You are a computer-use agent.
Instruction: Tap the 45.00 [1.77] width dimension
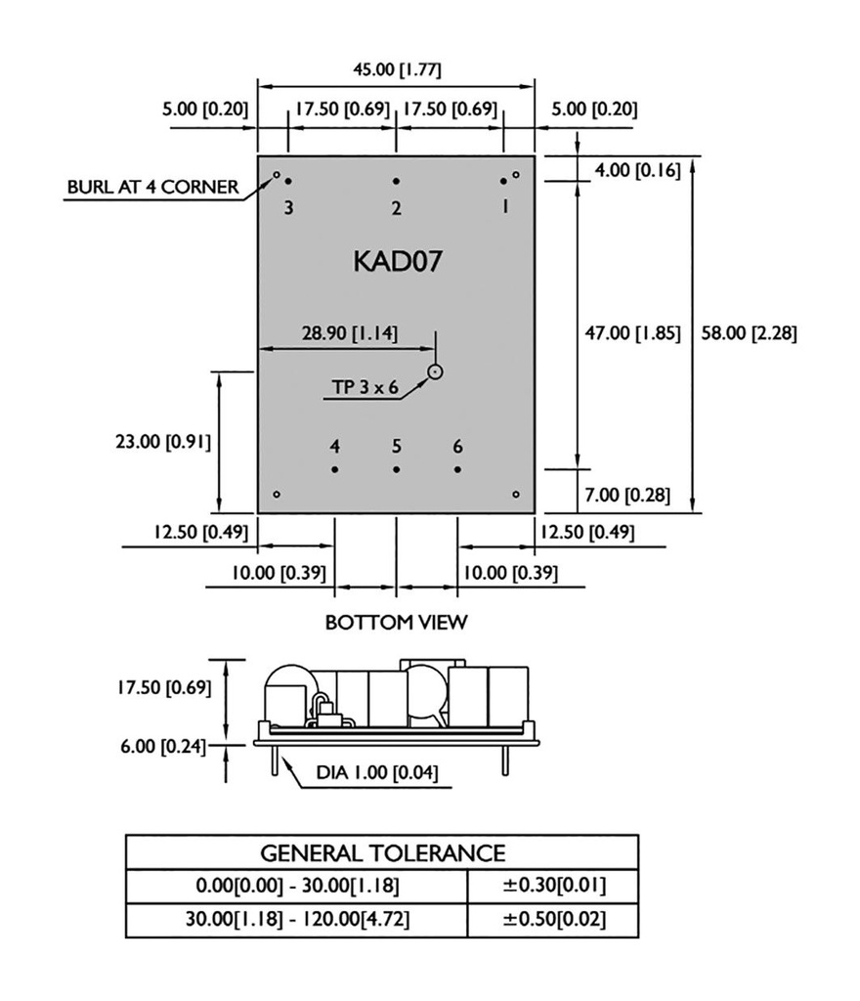tap(397, 69)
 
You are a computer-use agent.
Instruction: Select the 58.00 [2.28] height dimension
tap(750, 333)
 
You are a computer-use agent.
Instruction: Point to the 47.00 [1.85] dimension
tap(633, 333)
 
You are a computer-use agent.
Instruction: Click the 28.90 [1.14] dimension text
tap(349, 332)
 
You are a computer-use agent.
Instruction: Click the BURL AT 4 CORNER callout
tap(152, 187)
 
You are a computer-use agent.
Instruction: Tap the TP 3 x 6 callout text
tap(365, 387)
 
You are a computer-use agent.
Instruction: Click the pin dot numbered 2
tap(396, 181)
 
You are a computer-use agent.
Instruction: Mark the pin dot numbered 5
tap(396, 469)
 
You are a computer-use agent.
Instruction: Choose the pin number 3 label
tap(288, 207)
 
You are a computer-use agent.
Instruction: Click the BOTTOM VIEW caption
tap(396, 622)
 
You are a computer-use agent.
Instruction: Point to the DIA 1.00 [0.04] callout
tap(376, 773)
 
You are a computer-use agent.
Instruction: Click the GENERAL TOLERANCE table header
tap(382, 852)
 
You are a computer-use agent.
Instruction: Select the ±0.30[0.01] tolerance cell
tap(553, 887)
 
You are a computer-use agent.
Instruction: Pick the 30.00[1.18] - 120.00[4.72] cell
tap(297, 921)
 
